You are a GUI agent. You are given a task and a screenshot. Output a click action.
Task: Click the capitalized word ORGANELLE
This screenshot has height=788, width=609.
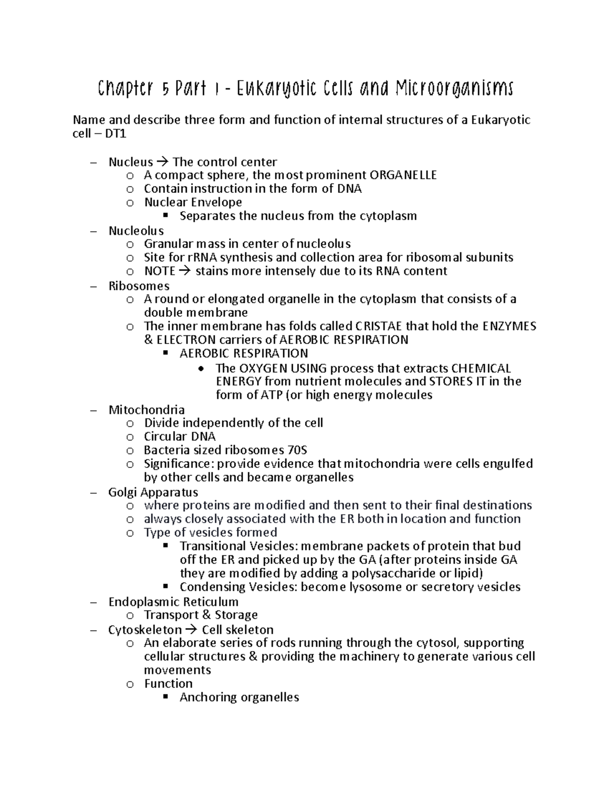pyautogui.click(x=403, y=176)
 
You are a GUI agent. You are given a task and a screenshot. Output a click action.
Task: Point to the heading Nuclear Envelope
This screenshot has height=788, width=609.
pyautogui.click(x=193, y=202)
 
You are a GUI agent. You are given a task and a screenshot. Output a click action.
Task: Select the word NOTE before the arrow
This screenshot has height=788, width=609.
pyautogui.click(x=159, y=271)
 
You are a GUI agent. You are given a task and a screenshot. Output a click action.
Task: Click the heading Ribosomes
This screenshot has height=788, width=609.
pyautogui.click(x=139, y=286)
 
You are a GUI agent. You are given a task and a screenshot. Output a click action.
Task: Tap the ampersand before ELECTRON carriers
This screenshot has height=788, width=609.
pyautogui.click(x=148, y=340)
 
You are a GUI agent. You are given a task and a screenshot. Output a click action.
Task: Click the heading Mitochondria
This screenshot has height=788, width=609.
pyautogui.click(x=146, y=410)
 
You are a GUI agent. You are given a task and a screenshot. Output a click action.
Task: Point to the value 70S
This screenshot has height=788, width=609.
pyautogui.click(x=297, y=451)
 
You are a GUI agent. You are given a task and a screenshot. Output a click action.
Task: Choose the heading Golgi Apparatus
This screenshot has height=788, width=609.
pyautogui.click(x=153, y=493)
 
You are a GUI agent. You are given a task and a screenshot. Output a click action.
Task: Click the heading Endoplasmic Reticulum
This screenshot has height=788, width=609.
pyautogui.click(x=173, y=602)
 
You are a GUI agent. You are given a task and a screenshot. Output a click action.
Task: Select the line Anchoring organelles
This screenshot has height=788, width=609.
pyautogui.click(x=239, y=698)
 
